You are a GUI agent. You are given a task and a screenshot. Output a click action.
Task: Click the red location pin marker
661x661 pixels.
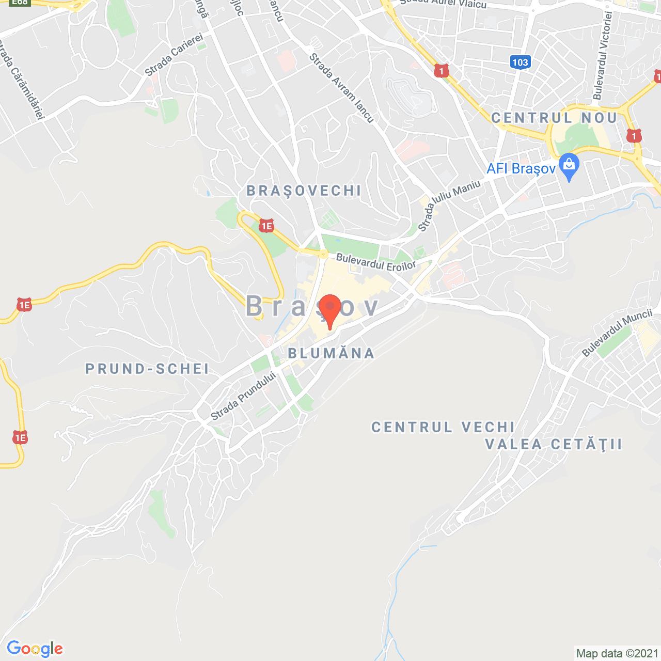click(330, 309)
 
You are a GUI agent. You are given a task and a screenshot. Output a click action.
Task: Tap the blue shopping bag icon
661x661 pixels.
click(569, 166)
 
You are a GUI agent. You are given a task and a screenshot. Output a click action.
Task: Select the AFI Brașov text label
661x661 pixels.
click(521, 169)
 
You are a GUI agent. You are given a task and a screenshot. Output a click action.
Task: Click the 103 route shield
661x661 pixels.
click(520, 62)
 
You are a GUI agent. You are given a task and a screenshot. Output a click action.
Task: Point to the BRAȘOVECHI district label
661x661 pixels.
click(304, 191)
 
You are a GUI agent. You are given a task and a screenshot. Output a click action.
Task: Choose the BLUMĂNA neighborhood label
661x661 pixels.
click(331, 353)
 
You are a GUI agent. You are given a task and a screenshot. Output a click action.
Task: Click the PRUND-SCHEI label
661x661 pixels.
click(147, 369)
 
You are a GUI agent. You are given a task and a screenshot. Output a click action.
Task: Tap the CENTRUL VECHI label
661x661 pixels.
click(443, 427)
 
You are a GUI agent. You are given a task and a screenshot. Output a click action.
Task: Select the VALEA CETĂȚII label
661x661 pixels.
click(554, 444)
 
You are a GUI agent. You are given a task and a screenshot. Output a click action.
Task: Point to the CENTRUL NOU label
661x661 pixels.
click(554, 118)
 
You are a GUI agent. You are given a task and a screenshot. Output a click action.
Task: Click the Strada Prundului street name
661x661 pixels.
click(243, 396)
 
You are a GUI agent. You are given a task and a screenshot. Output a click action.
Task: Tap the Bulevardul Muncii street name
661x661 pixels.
click(617, 333)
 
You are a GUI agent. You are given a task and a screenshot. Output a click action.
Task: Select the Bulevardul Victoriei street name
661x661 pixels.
click(603, 56)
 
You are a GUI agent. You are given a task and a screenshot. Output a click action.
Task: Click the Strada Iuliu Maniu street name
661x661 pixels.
click(449, 206)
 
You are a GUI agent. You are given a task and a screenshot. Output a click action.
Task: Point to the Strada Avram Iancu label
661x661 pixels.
click(341, 88)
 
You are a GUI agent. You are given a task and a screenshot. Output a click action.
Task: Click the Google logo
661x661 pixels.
click(35, 649)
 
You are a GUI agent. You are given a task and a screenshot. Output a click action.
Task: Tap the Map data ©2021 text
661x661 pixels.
click(617, 653)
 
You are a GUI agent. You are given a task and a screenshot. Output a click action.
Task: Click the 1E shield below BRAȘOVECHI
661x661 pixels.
click(266, 226)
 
